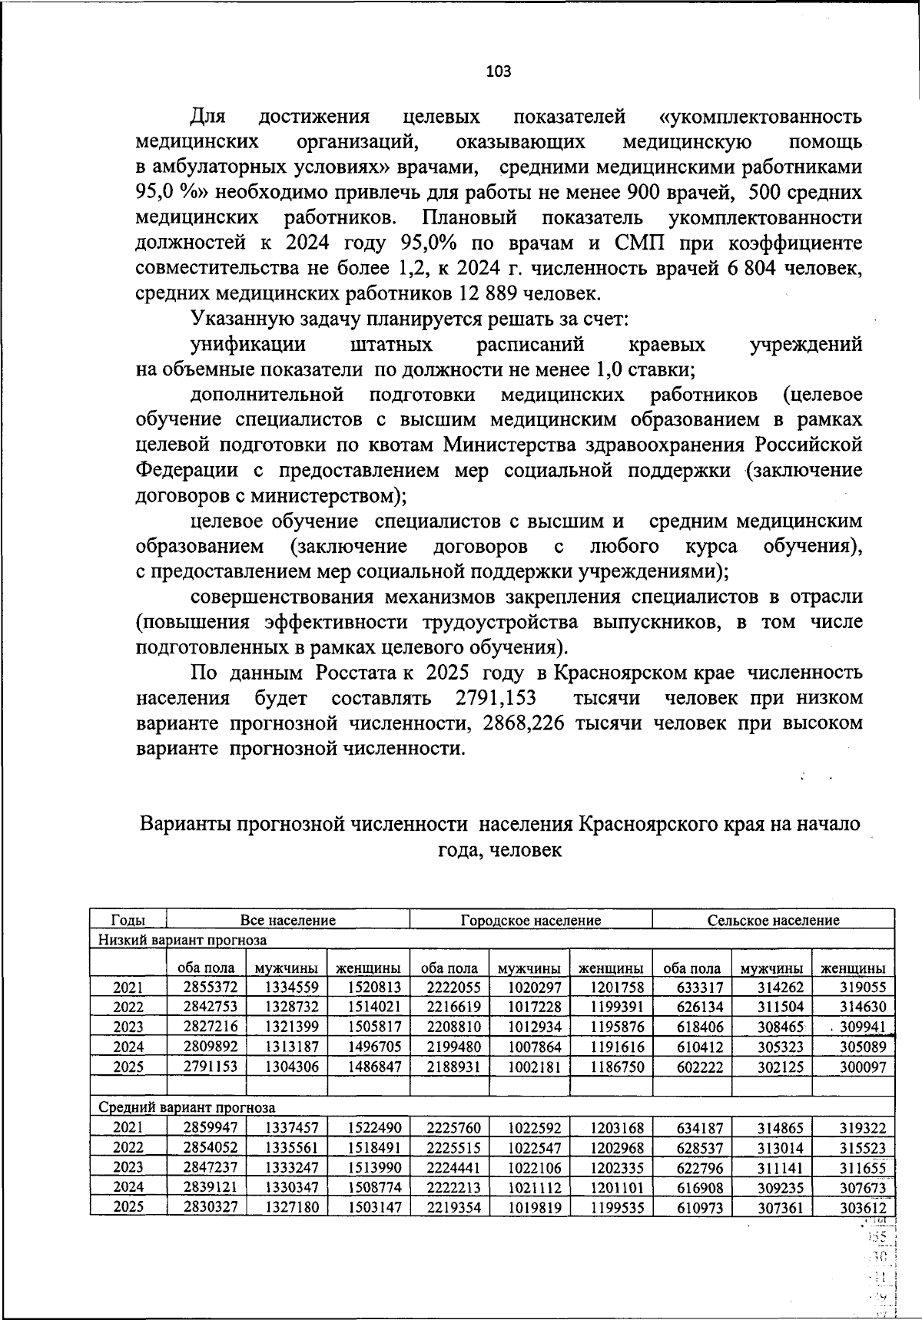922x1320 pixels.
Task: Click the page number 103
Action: pos(498,72)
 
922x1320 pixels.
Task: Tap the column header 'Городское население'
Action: pos(530,920)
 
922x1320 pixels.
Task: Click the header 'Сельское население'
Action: pos(773,920)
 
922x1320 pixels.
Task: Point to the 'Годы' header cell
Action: pos(128,920)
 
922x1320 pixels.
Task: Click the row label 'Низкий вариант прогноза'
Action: pos(181,940)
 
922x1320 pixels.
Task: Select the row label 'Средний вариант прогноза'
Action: pos(186,1107)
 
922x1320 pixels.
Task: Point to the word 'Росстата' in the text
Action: pos(354,673)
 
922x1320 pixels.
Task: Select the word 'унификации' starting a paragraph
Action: pos(247,345)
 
